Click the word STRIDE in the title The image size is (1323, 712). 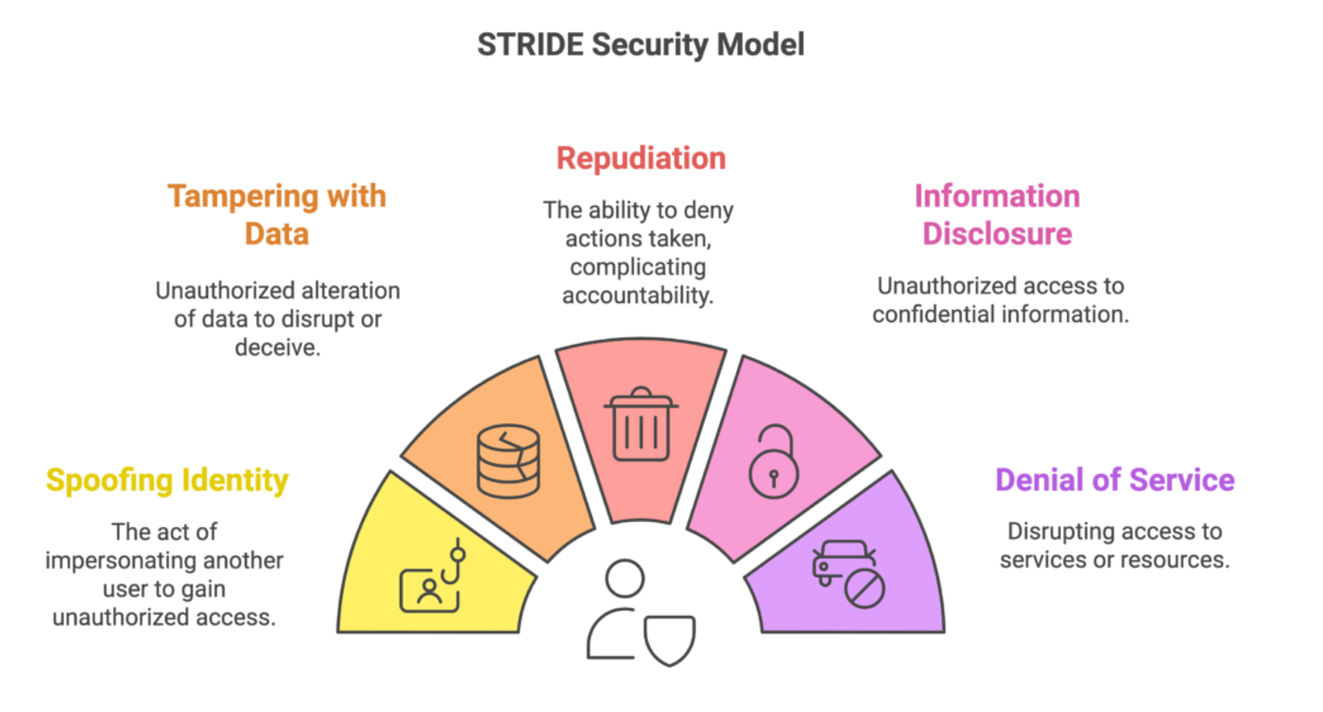tap(530, 45)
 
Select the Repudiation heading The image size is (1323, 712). tap(641, 159)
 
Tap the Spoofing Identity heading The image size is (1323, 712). tap(167, 481)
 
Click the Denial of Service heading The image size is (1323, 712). tap(1115, 480)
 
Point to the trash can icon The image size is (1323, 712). tap(641, 423)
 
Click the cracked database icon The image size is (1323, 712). tap(508, 462)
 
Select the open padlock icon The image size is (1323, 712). tap(774, 462)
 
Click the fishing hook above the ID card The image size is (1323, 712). tap(455, 561)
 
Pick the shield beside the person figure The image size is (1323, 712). tap(669, 641)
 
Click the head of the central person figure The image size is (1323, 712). tap(625, 579)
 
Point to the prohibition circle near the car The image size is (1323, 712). tap(865, 588)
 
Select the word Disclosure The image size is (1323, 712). tap(997, 234)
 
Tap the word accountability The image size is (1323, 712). tap(638, 296)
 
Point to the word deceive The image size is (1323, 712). tap(278, 348)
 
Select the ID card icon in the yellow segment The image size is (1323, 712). tap(429, 591)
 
